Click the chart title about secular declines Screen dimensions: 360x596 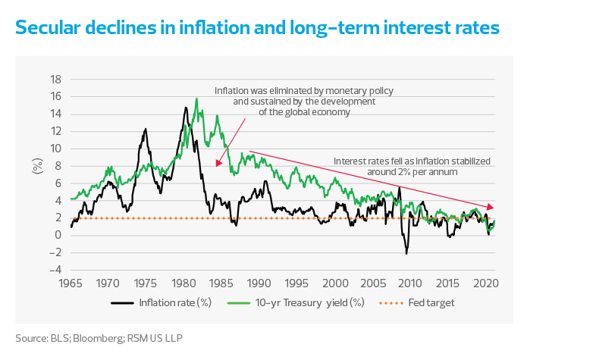coord(258,28)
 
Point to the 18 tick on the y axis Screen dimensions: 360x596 coord(55,78)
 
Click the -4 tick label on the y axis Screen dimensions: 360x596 coord(54,270)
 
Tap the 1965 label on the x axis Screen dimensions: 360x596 coord(71,283)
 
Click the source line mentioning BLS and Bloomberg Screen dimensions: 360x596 coord(99,337)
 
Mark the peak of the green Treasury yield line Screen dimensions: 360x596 coord(196,99)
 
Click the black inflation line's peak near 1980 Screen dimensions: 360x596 coord(185,107)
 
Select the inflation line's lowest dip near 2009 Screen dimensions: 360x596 coord(406,253)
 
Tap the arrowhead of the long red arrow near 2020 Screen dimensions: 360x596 coord(493,208)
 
